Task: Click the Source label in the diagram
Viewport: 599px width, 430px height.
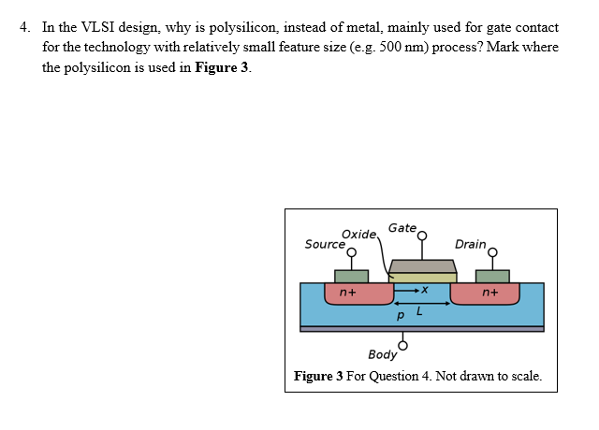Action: [x=324, y=245]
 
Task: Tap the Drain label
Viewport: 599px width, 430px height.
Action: [x=470, y=245]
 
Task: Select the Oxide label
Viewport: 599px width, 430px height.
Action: [x=358, y=234]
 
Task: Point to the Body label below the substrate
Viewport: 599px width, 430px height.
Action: [x=382, y=355]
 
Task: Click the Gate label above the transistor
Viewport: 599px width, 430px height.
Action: [x=402, y=227]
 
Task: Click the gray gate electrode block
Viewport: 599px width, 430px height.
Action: [x=422, y=266]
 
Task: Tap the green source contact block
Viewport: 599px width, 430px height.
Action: [x=351, y=276]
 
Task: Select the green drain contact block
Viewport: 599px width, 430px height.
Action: [x=492, y=276]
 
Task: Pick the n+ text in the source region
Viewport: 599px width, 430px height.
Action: [x=346, y=293]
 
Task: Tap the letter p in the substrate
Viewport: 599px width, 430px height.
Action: [x=401, y=317]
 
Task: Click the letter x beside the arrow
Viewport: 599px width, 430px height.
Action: [x=424, y=290]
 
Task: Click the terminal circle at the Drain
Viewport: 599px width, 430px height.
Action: [x=492, y=251]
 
